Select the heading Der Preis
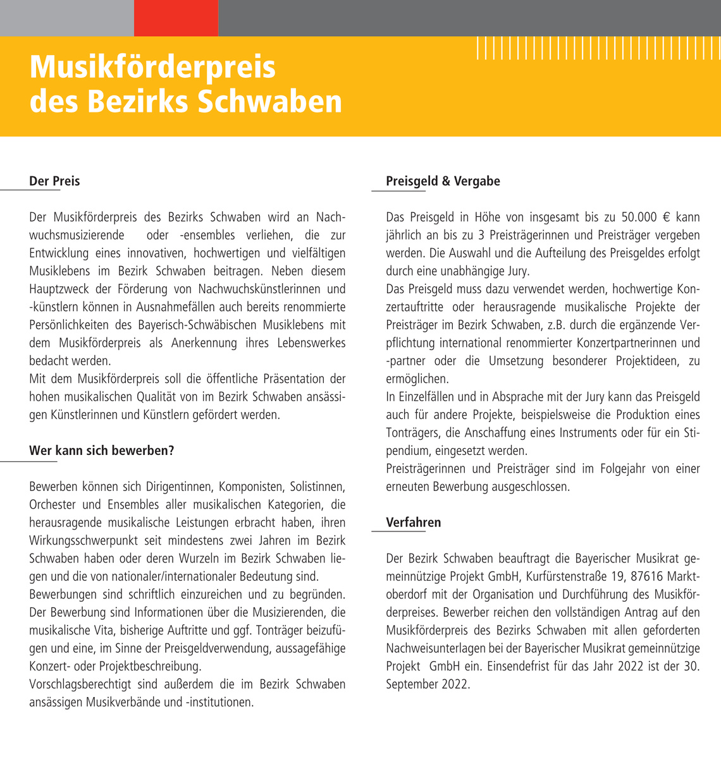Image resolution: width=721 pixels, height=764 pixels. (54, 181)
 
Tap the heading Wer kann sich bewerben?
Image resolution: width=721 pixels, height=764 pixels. (101, 451)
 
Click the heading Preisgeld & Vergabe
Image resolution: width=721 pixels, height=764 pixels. (443, 181)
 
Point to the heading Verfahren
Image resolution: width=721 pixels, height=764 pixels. (413, 523)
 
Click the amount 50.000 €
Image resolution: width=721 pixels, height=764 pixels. (645, 217)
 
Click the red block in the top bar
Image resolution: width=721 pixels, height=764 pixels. (176, 18)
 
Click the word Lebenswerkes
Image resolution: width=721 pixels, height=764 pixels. (311, 343)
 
